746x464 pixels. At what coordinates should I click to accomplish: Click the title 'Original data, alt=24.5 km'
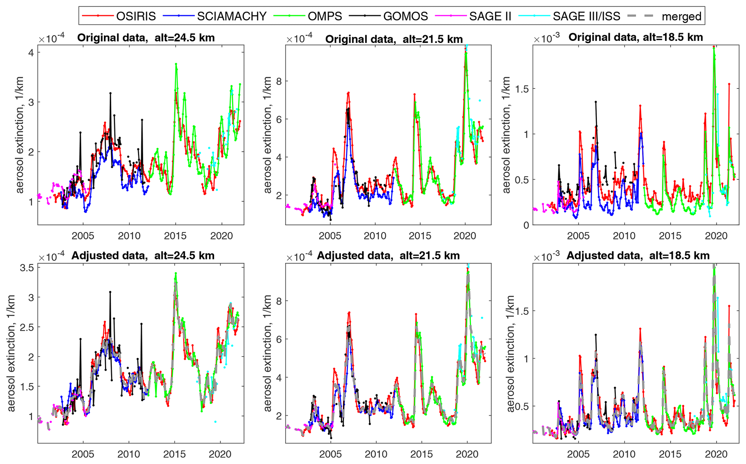click(146, 38)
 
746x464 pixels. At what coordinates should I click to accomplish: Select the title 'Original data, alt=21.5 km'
click(394, 39)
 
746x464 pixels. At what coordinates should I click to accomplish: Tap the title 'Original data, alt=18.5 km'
click(636, 37)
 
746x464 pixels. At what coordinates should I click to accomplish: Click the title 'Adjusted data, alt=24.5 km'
click(143, 256)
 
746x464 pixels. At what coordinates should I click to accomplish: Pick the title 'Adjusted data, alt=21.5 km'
click(388, 256)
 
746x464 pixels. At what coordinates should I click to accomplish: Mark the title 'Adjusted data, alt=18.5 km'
click(638, 256)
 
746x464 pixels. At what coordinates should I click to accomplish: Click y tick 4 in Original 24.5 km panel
click(31, 53)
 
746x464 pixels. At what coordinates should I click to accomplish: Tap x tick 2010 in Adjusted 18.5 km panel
click(624, 454)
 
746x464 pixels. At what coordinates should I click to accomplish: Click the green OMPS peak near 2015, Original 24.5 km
click(176, 64)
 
